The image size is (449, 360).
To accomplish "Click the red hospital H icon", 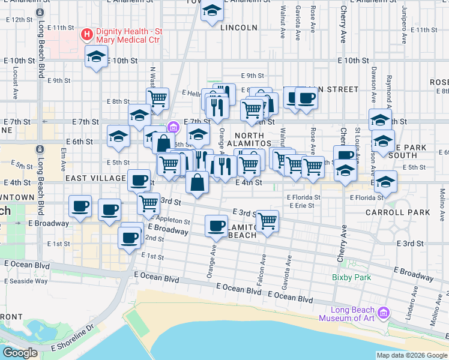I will point(86,34).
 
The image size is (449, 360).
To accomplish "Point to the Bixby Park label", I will point(351,277).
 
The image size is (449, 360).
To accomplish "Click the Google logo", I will point(20,352).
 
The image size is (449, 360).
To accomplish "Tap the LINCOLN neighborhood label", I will point(238,28).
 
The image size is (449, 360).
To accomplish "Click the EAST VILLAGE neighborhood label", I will point(94,178).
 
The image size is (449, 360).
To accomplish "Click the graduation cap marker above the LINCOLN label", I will point(212,10).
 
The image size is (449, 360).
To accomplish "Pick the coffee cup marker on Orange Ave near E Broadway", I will point(216,226).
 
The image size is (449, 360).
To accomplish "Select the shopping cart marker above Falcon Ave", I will point(267,220).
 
